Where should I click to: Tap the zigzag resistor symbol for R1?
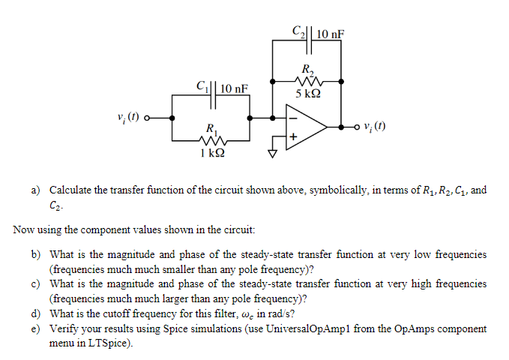pos(212,139)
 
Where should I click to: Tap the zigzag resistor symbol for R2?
pos(310,79)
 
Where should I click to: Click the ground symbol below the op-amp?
pos(272,154)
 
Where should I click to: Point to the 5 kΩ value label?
pos(308,94)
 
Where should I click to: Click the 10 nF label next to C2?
pos(331,33)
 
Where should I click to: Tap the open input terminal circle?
pos(146,118)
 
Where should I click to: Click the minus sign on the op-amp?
pos(294,117)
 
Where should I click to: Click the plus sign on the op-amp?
pos(294,136)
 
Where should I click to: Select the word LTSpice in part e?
pos(111,344)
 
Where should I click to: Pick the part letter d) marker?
pos(35,313)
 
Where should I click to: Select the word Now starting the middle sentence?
pos(25,229)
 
